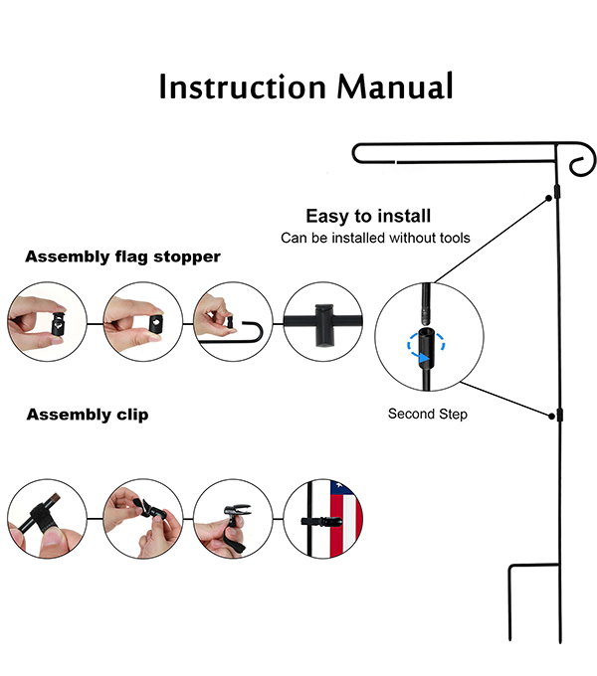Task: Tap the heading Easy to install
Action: pos(368,216)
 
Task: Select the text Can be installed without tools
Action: pos(375,238)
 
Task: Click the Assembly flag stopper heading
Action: pos(123,257)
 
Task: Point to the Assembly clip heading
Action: pos(88,415)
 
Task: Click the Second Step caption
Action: pos(427,414)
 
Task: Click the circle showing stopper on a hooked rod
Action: pos(232,323)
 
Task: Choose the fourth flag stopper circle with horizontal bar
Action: pos(323,323)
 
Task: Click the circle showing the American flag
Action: pos(323,519)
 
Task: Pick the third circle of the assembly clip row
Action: pos(232,519)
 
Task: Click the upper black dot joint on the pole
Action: pos(550,200)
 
